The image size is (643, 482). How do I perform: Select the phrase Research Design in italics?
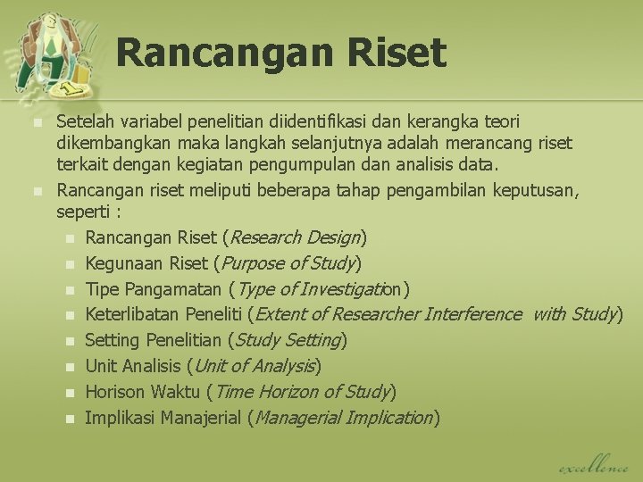click(296, 237)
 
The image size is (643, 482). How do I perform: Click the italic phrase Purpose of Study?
click(288, 263)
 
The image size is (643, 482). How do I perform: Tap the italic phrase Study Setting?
click(288, 340)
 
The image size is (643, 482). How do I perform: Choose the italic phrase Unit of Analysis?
click(255, 366)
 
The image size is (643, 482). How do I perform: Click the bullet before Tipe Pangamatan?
click(70, 290)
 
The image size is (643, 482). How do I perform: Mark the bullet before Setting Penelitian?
click(70, 341)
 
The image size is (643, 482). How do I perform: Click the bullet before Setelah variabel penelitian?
click(37, 121)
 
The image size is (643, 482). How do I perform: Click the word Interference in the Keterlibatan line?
click(473, 314)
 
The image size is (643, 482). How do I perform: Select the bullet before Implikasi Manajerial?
click(70, 419)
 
